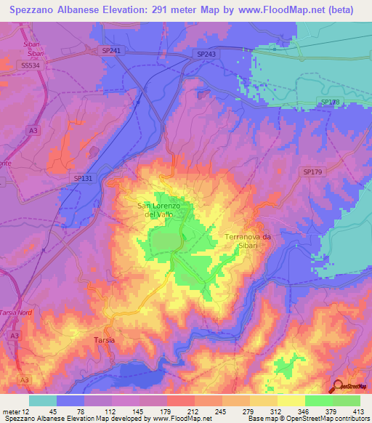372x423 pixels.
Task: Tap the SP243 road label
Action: pyautogui.click(x=206, y=55)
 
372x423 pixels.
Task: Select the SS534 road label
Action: pyautogui.click(x=31, y=65)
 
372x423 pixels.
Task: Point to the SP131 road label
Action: pyautogui.click(x=84, y=177)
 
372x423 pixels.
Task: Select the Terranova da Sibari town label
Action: pyautogui.click(x=248, y=241)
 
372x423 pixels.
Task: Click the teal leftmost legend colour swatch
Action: pyautogui.click(x=43, y=400)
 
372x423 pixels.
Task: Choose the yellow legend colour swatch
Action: pyautogui.click(x=291, y=400)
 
